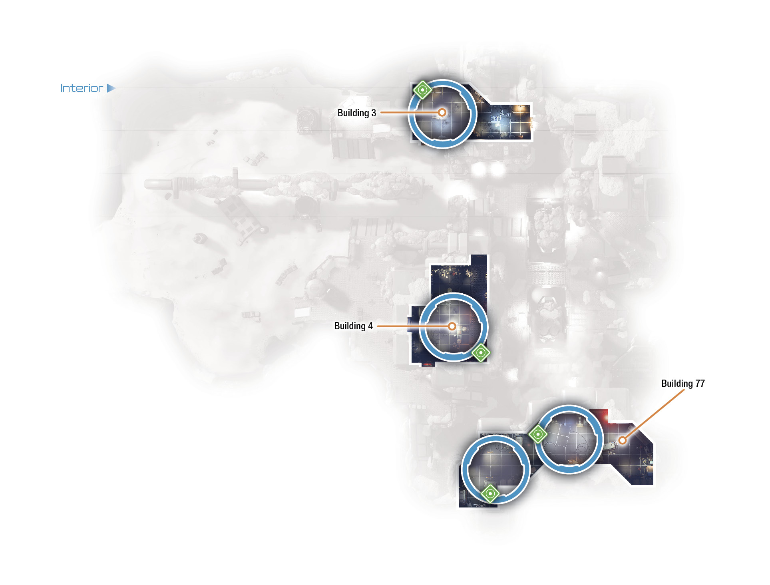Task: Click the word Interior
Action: (x=82, y=88)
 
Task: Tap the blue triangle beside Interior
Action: (x=111, y=88)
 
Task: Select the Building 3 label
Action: (x=357, y=113)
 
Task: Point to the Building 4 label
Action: (x=354, y=326)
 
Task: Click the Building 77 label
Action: (x=683, y=384)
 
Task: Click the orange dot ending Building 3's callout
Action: (x=442, y=113)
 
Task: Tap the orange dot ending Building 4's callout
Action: (x=452, y=326)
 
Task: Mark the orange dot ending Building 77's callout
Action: (x=622, y=440)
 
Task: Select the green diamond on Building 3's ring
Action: (x=422, y=90)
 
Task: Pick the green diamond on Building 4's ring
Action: (x=481, y=353)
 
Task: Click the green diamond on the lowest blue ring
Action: (x=490, y=493)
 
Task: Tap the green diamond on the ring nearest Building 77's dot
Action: (x=538, y=434)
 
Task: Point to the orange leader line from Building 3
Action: (x=409, y=113)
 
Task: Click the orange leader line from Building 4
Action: (x=412, y=326)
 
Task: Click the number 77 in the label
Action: (x=700, y=384)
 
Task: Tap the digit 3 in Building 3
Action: (x=374, y=113)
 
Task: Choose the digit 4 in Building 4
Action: (x=370, y=326)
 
